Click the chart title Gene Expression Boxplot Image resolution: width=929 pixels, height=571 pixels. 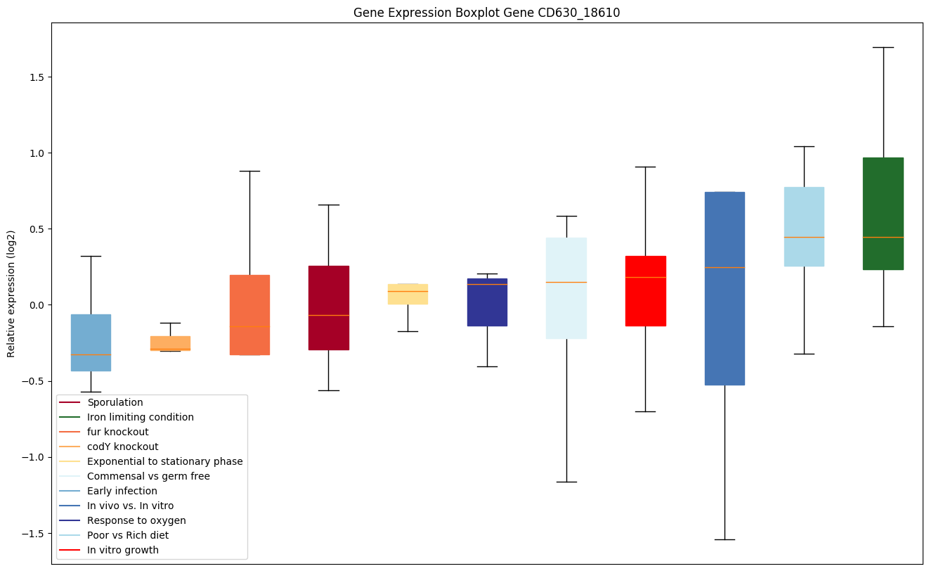[486, 13]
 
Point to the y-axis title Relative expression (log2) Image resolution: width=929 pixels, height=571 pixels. [11, 293]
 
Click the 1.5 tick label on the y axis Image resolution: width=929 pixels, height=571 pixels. [36, 77]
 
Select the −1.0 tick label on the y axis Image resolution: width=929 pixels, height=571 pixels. [33, 457]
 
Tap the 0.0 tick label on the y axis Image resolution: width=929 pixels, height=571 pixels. [36, 305]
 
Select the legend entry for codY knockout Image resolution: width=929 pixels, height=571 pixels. [122, 447]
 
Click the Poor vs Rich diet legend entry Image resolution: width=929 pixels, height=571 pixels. [128, 535]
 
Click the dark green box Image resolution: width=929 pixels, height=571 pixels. [883, 213]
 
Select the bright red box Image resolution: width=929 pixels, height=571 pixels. [645, 290]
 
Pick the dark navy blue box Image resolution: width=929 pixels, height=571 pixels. [487, 302]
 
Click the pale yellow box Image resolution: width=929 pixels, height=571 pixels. [408, 294]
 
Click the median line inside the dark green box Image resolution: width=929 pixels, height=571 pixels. [883, 237]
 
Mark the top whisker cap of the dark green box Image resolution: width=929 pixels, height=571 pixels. [883, 47]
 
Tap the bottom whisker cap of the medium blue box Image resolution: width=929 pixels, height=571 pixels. [725, 539]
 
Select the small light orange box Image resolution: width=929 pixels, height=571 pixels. [170, 343]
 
